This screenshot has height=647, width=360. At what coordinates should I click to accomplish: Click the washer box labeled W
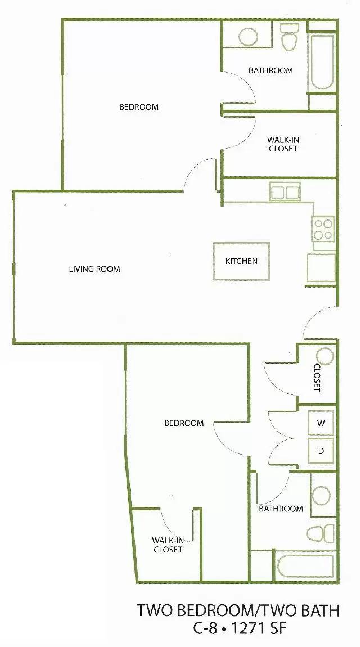(321, 423)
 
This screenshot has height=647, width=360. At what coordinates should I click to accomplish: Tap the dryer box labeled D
(321, 451)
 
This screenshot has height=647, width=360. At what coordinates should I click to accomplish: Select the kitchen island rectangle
(241, 261)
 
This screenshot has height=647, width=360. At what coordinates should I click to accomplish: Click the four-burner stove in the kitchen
(323, 230)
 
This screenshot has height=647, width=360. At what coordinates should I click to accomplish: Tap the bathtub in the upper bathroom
(322, 62)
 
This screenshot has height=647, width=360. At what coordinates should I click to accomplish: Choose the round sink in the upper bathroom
(249, 37)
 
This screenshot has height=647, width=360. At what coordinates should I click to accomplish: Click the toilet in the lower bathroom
(321, 533)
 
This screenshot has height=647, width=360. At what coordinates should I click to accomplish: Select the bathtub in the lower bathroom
(305, 566)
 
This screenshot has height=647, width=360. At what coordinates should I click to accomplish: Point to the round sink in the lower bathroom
(322, 495)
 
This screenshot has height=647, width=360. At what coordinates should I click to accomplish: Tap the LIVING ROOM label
(94, 269)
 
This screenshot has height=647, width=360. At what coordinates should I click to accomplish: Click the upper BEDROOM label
(139, 107)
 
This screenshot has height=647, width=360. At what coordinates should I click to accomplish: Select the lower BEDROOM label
(184, 423)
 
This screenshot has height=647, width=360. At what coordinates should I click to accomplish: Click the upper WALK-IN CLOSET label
(283, 144)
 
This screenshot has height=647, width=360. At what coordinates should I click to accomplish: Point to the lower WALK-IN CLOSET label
(168, 545)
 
